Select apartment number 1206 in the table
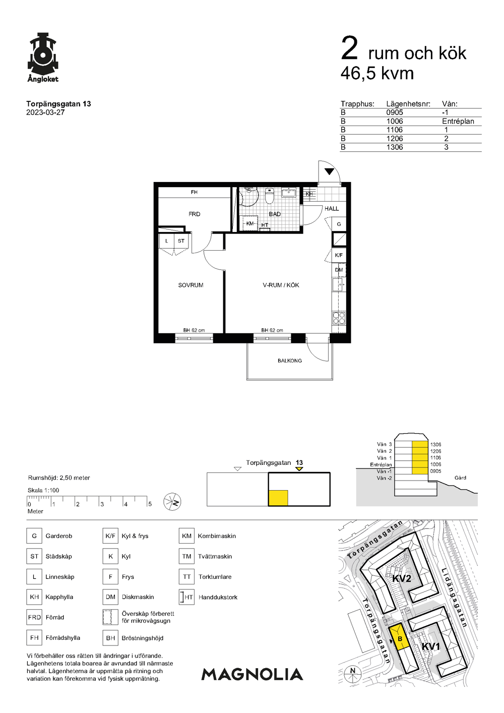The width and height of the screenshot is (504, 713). pyautogui.click(x=395, y=139)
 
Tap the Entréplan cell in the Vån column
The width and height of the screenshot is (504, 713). pyautogui.click(x=458, y=122)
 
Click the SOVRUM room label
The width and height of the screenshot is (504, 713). pyautogui.click(x=191, y=285)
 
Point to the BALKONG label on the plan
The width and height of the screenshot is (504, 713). pyautogui.click(x=289, y=361)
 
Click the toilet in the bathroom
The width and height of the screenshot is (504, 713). pyautogui.click(x=270, y=196)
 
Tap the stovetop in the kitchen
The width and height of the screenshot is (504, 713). pyautogui.click(x=339, y=318)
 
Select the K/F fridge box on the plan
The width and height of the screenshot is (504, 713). pyautogui.click(x=339, y=255)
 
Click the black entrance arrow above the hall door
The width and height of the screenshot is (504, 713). pyautogui.click(x=329, y=171)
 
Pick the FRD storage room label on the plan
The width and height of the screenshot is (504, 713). pyautogui.click(x=194, y=214)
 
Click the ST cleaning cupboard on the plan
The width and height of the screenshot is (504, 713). pyautogui.click(x=181, y=241)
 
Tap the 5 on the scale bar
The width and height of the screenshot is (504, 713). pyautogui.click(x=150, y=504)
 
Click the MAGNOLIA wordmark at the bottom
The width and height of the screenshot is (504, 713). pyautogui.click(x=253, y=674)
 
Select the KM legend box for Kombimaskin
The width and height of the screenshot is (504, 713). pyautogui.click(x=186, y=536)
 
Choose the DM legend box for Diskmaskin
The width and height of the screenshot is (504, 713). pyautogui.click(x=110, y=597)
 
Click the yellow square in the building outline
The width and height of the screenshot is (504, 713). pyautogui.click(x=278, y=498)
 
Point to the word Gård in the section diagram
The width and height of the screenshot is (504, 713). pyautogui.click(x=460, y=478)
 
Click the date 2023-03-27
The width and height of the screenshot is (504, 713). pyautogui.click(x=45, y=112)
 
